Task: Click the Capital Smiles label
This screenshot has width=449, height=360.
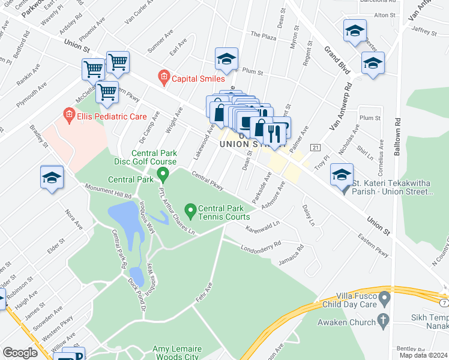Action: tap(198, 78)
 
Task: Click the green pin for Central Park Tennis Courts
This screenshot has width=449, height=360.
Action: tap(191, 211)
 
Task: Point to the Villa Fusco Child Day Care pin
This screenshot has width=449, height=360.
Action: tap(386, 298)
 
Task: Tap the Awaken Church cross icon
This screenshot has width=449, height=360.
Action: tap(386, 322)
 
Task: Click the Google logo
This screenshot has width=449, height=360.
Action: tap(20, 353)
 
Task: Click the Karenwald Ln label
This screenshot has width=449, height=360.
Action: tap(263, 228)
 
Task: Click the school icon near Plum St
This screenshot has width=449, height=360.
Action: tap(227, 59)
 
